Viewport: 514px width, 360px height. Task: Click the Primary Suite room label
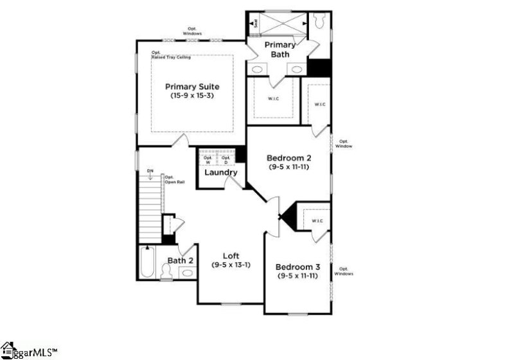point(192,86)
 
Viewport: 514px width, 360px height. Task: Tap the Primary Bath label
point(281,50)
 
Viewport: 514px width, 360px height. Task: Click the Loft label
point(231,255)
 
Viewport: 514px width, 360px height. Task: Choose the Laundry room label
point(221,172)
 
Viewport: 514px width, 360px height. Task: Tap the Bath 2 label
point(181,260)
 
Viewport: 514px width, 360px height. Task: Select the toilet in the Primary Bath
point(319,21)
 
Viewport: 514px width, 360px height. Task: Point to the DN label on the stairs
point(150,171)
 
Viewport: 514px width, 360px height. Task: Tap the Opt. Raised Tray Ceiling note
point(170,55)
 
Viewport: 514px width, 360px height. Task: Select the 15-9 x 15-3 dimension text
point(192,96)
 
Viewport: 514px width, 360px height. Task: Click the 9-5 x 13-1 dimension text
point(231,264)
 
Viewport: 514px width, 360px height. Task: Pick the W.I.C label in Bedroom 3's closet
point(317,222)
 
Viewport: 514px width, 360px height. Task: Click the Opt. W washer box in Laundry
point(208,159)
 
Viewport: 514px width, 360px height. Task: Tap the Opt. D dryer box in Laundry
point(226,159)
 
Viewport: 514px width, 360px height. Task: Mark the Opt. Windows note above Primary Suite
point(192,30)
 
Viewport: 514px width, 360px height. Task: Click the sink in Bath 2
point(187,273)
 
